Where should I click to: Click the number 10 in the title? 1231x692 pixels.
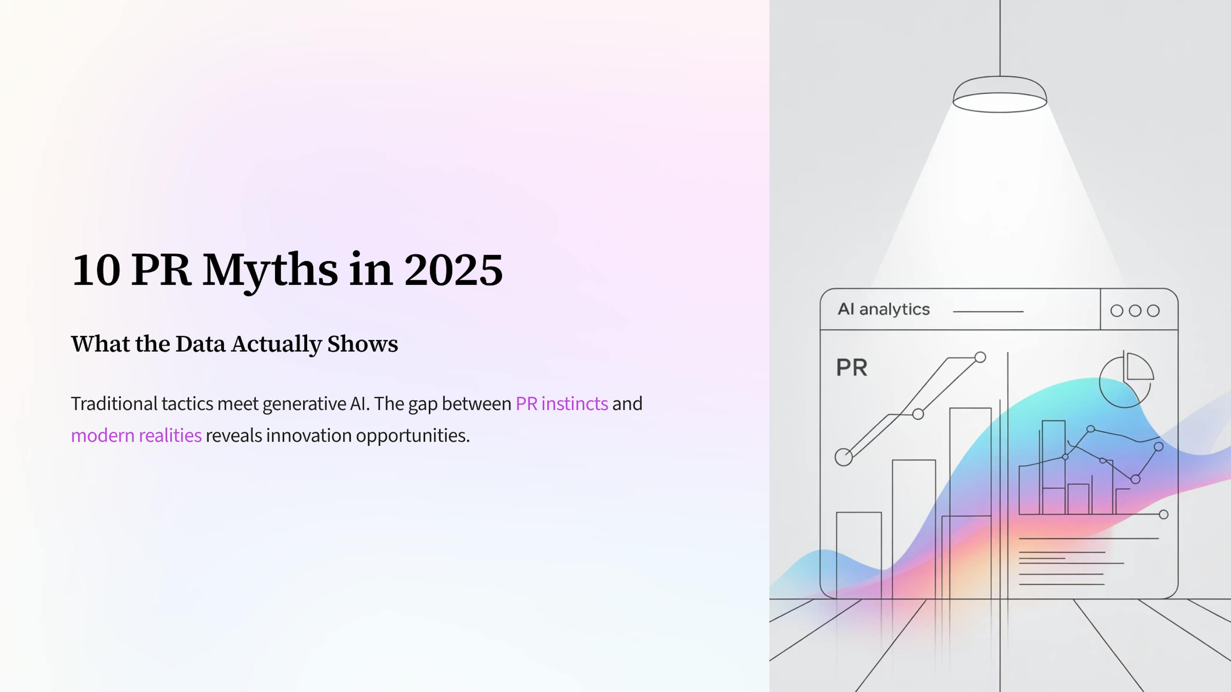tap(96, 270)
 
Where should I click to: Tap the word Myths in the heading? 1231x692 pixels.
tap(270, 270)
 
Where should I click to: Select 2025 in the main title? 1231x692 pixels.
tap(453, 270)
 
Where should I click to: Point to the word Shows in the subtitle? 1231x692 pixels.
tap(362, 344)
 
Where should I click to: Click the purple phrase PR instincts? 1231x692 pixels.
tap(562, 404)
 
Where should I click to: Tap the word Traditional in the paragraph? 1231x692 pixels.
tap(114, 404)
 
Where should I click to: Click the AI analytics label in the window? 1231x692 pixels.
tap(883, 309)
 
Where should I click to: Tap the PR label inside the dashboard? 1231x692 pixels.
tap(851, 368)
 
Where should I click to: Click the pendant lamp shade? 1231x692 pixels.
tap(1000, 95)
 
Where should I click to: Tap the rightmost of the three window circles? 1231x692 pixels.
tap(1153, 311)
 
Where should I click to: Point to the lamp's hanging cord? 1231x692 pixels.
tap(1000, 38)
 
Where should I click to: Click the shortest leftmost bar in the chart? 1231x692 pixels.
tap(859, 554)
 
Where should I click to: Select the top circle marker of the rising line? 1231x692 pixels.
tap(980, 357)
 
